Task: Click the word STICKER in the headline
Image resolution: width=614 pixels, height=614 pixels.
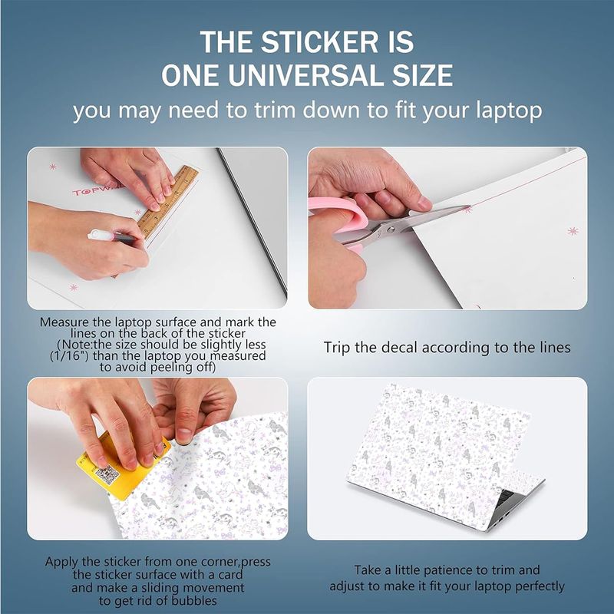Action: pos(319,42)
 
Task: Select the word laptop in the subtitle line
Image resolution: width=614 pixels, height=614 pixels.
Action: pos(509,111)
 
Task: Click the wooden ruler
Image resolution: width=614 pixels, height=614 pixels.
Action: pos(168,202)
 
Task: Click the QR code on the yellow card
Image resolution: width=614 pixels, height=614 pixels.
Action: pos(107,475)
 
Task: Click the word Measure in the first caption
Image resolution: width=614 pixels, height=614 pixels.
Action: pos(65,322)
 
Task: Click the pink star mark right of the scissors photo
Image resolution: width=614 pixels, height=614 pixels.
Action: pos(573,231)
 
